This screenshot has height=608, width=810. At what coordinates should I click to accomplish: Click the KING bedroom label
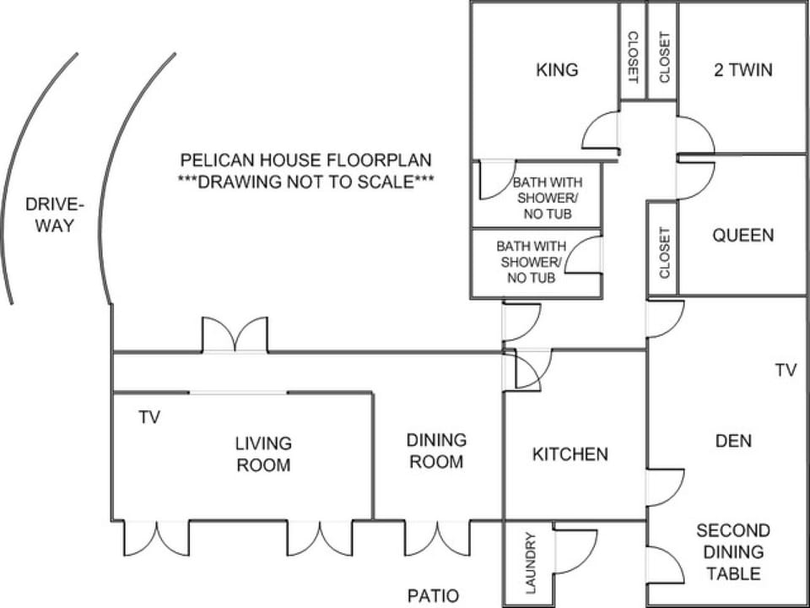click(x=557, y=70)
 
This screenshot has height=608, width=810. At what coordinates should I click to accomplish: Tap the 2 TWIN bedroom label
click(x=743, y=70)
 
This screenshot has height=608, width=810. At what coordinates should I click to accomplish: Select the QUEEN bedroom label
click(x=743, y=236)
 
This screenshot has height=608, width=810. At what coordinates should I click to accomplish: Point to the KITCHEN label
click(x=570, y=454)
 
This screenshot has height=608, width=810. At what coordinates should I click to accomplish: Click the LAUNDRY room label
click(x=531, y=562)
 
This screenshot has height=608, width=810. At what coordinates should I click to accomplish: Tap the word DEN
click(x=733, y=441)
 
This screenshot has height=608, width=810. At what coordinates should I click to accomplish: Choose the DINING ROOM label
click(x=436, y=451)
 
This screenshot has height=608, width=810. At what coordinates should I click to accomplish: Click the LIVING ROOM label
click(x=263, y=454)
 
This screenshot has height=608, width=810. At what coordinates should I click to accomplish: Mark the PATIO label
click(x=433, y=595)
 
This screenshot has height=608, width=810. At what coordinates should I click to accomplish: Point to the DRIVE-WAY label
click(x=54, y=215)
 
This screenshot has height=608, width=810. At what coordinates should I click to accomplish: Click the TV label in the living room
click(x=149, y=416)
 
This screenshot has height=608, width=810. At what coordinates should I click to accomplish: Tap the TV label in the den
click(x=786, y=370)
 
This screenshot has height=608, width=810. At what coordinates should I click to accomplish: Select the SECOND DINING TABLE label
click(x=733, y=552)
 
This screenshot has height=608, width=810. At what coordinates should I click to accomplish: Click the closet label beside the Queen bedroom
click(x=664, y=252)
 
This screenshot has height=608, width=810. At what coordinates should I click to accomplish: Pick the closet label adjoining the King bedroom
click(x=632, y=57)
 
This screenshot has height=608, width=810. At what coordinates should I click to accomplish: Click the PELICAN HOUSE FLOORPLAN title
click(x=305, y=160)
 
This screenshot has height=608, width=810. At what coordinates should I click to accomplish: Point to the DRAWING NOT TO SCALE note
click(x=305, y=182)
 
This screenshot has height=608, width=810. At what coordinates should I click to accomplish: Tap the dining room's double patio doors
click(x=438, y=538)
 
